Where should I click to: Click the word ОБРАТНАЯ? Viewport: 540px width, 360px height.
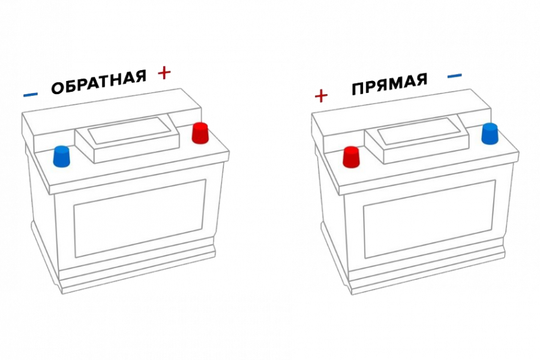pyautogui.click(x=98, y=82)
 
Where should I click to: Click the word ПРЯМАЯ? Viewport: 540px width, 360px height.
pyautogui.click(x=389, y=84)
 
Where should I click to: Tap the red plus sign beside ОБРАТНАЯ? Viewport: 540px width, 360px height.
pyautogui.click(x=164, y=73)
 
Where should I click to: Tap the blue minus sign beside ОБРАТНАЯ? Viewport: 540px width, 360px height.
pyautogui.click(x=31, y=94)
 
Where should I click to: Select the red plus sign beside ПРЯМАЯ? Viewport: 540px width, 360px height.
pyautogui.click(x=322, y=95)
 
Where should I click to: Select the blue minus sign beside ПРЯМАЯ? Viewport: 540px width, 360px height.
pyautogui.click(x=455, y=76)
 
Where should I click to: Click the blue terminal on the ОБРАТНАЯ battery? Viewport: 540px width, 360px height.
pyautogui.click(x=61, y=157)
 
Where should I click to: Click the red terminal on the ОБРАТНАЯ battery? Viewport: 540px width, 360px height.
pyautogui.click(x=200, y=133)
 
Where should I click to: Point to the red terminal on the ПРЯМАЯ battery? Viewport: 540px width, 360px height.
pyautogui.click(x=351, y=157)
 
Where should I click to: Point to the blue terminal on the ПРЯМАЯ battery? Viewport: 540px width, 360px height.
pyautogui.click(x=490, y=134)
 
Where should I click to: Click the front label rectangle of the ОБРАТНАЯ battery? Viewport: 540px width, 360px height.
pyautogui.click(x=140, y=218)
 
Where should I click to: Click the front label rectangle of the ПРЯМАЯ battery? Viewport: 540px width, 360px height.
pyautogui.click(x=430, y=219)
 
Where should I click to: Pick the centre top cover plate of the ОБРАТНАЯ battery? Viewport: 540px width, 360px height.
pyautogui.click(x=127, y=140)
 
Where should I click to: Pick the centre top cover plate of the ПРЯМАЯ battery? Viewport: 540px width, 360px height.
pyautogui.click(x=417, y=140)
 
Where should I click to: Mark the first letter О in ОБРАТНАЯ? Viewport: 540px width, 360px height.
pyautogui.click(x=58, y=88)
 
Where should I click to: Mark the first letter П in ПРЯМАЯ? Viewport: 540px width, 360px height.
pyautogui.click(x=358, y=89)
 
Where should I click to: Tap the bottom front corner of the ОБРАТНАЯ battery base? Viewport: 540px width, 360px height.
pyautogui.click(x=62, y=293)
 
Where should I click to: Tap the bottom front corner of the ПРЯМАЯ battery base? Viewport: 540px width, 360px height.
pyautogui.click(x=352, y=295)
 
